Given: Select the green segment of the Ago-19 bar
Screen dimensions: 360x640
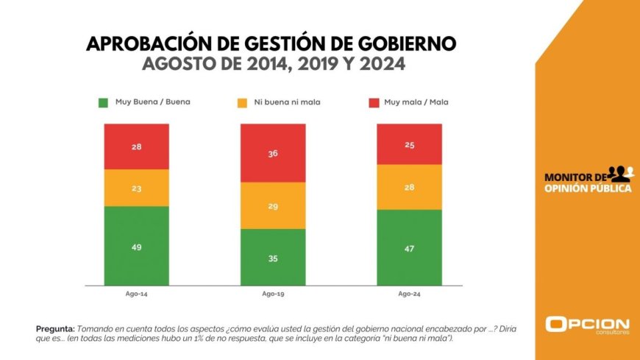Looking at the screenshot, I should tap(273, 257).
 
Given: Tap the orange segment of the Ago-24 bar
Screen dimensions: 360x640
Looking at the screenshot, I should tap(409, 187).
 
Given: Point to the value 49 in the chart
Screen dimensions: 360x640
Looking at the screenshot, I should tap(137, 247).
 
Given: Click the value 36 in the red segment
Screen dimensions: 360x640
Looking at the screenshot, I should tap(273, 154).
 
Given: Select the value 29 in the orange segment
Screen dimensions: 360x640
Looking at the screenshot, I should tap(273, 207).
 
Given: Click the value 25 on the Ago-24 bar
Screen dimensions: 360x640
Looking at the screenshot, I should tap(409, 145).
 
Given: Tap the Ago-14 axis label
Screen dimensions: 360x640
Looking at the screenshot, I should tap(137, 294).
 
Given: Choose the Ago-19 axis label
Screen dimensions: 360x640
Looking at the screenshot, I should tap(273, 294).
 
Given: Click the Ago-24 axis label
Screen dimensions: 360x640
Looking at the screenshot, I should tap(409, 294).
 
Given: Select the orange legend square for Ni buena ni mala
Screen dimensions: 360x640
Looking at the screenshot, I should tap(241, 102).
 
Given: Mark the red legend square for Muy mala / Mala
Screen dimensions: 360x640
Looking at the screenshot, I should tap(375, 102).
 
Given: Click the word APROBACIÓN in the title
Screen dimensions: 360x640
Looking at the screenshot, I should tap(148, 43).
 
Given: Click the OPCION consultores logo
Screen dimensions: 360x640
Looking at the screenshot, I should tap(587, 325).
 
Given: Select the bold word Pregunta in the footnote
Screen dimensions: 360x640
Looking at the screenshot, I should tap(54, 328).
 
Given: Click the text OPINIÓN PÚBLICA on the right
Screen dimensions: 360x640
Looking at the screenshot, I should tap(587, 188).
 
